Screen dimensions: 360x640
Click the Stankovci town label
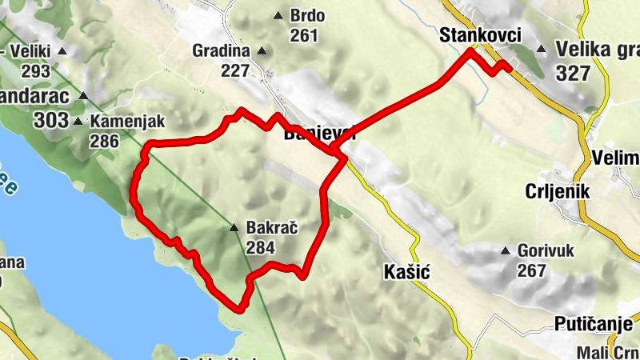tap(480, 35)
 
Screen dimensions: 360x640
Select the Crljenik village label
tap(558, 191)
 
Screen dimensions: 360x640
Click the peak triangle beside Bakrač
tap(234, 229)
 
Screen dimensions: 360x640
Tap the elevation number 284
tap(261, 247)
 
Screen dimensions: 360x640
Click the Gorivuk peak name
tap(546, 250)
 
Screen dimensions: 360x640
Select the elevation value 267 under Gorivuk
tap(531, 270)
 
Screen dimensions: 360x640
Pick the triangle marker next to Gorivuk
tap(506, 251)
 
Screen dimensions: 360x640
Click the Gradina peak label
tap(221, 51)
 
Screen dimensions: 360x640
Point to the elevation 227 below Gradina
tap(235, 70)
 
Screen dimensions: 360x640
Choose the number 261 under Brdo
tap(304, 35)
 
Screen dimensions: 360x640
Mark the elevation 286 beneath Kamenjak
tap(104, 142)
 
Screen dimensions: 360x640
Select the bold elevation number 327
tap(573, 73)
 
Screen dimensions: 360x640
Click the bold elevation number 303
tap(51, 120)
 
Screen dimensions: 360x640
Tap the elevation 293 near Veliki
tap(36, 70)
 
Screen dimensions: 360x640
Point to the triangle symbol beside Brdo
tap(278, 15)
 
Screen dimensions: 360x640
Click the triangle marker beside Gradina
tap(260, 52)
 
